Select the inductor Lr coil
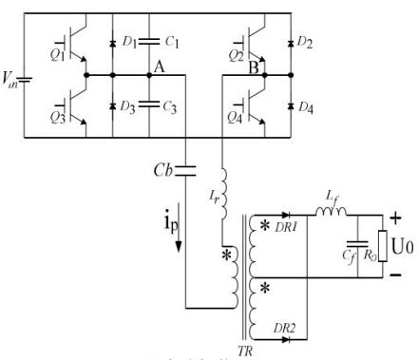222,191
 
